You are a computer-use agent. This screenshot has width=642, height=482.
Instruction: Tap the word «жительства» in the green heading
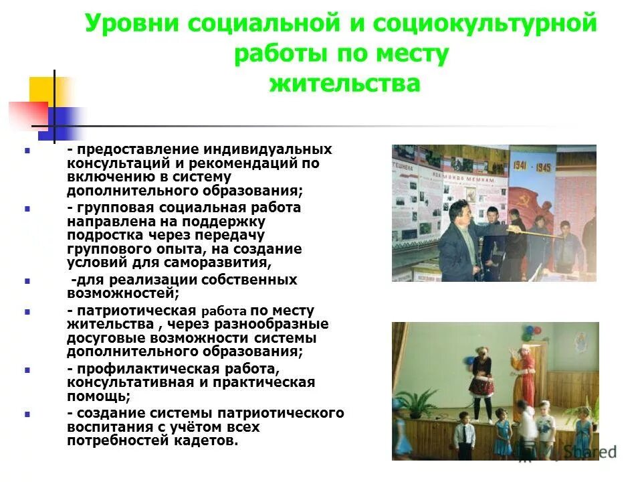(x=344, y=84)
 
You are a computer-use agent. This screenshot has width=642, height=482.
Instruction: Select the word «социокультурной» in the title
(x=484, y=25)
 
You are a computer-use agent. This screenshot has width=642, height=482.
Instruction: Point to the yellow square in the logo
(x=47, y=90)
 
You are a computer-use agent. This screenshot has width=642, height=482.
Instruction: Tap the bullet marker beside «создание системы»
(x=27, y=414)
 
